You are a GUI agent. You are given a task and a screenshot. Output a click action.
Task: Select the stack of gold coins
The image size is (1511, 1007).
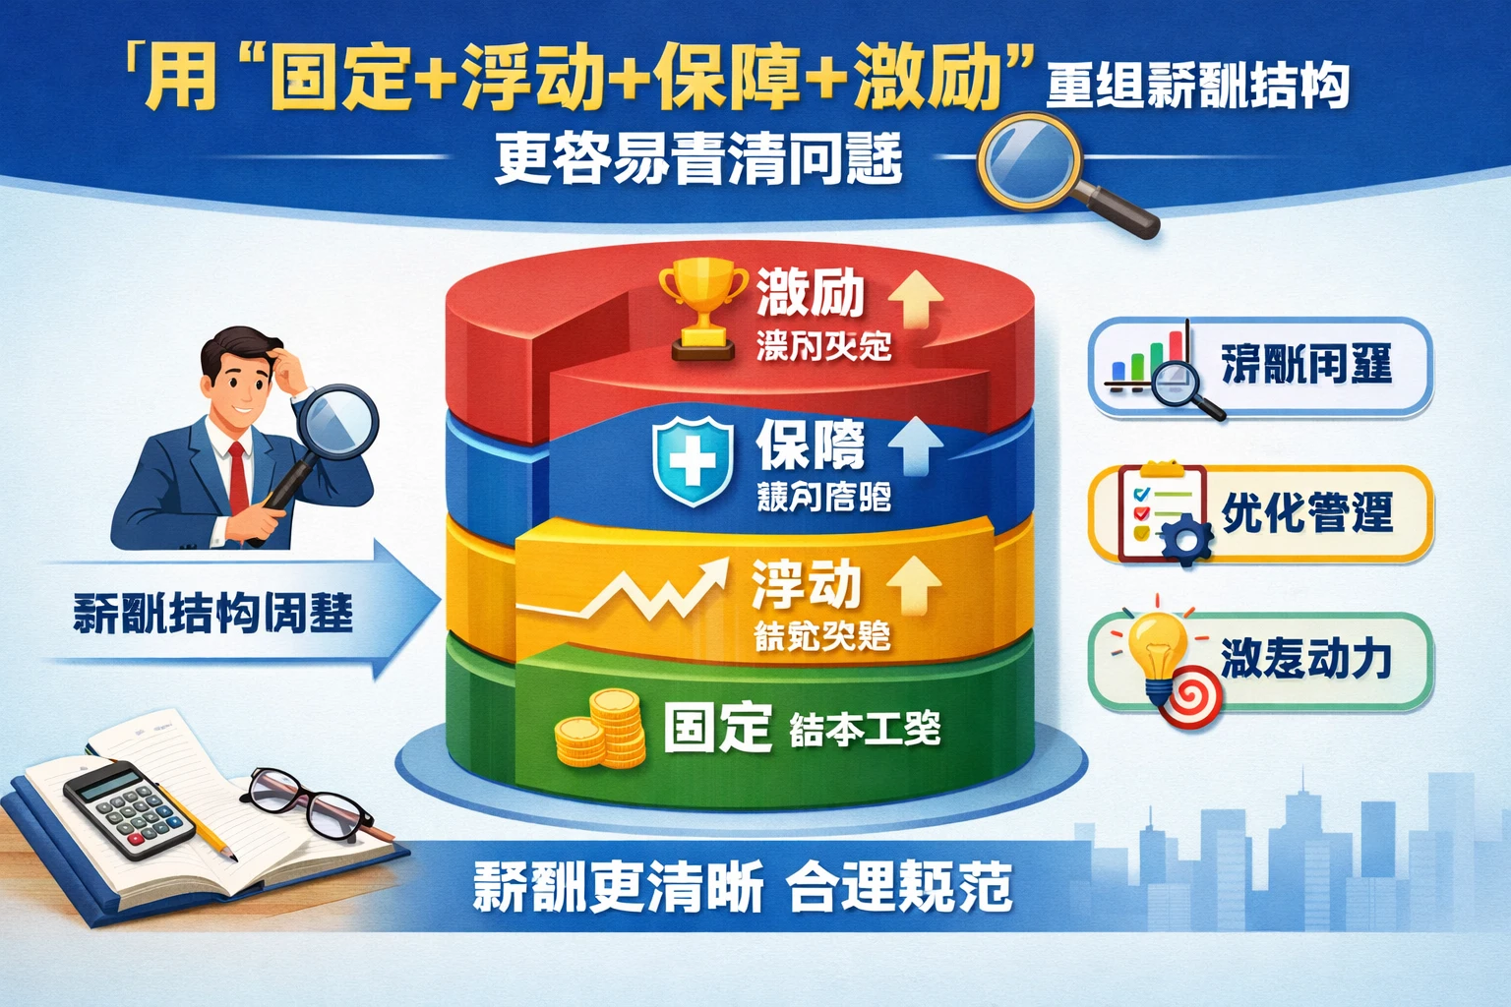click(x=601, y=729)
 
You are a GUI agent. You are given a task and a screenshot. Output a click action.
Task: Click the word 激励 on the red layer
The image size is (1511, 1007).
click(x=810, y=292)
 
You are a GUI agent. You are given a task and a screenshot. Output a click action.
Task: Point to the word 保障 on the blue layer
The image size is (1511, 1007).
click(x=811, y=445)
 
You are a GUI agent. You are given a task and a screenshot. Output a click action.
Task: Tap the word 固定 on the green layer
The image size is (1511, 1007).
click(x=716, y=728)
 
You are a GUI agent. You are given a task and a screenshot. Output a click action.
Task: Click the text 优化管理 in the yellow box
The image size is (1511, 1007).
click(x=1306, y=513)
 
